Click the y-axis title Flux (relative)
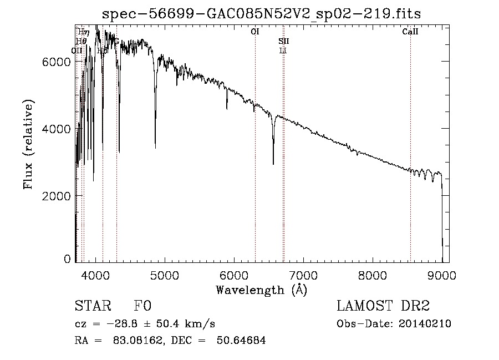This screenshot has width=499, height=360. (x=29, y=144)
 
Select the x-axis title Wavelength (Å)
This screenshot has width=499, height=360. (x=261, y=290)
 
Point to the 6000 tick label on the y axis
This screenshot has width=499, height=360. (x=56, y=62)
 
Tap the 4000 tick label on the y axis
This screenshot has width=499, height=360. (x=56, y=129)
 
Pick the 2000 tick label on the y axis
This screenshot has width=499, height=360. (x=56, y=196)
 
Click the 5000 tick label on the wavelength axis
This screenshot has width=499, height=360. (x=165, y=275)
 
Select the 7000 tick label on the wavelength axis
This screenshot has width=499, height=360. (x=303, y=275)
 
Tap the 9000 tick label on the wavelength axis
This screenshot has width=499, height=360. (x=442, y=275)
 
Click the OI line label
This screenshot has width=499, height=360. (x=255, y=32)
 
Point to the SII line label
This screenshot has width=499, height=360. (x=283, y=41)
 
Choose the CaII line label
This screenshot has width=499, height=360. (x=410, y=32)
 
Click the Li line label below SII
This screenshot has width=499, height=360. (x=283, y=50)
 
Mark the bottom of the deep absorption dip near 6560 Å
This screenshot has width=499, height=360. (x=273, y=164)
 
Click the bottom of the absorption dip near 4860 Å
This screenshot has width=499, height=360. (x=155, y=148)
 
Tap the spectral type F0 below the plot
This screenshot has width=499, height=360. (x=143, y=306)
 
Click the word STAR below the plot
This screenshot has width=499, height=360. (x=93, y=306)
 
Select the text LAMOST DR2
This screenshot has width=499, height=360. (x=383, y=306)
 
